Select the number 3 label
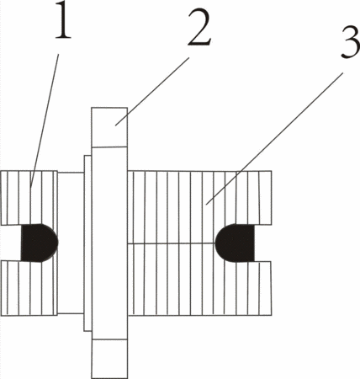350,41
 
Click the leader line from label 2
152,91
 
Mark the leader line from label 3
274,138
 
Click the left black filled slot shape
40,243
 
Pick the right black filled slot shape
235,243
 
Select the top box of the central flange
109,127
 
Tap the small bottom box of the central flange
109,359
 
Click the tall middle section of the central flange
109,243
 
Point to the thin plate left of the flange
87,243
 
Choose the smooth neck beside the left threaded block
71,243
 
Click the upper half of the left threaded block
29,198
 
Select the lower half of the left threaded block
29,288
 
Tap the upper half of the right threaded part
199,206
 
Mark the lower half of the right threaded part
199,280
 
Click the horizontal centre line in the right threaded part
172,243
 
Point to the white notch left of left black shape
11,243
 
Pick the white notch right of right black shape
263,243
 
